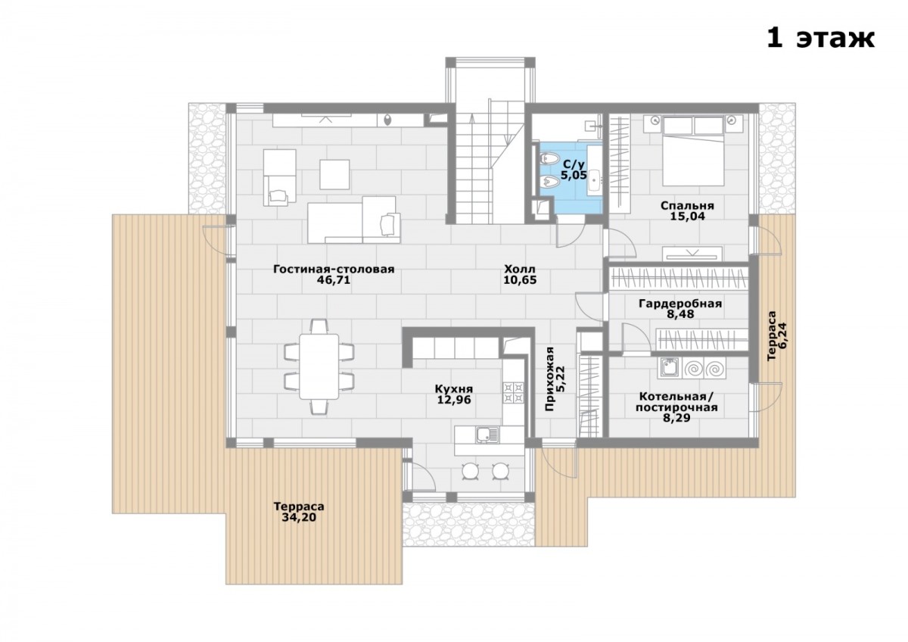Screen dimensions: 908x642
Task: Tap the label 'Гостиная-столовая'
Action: (334, 270)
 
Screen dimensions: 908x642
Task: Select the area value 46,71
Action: (333, 280)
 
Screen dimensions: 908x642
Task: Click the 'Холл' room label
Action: (520, 269)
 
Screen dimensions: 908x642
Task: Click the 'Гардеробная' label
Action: (680, 304)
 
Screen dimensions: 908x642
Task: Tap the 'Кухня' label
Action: (454, 389)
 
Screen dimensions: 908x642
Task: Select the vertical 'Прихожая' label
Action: (549, 379)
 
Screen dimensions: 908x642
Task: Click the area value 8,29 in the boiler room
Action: (676, 418)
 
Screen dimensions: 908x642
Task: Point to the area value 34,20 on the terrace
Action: (299, 518)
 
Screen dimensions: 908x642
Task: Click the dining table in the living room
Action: (319, 366)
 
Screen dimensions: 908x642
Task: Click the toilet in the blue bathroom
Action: (549, 158)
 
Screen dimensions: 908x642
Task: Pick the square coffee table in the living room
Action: (334, 174)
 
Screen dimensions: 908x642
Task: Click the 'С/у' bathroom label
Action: (574, 164)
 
